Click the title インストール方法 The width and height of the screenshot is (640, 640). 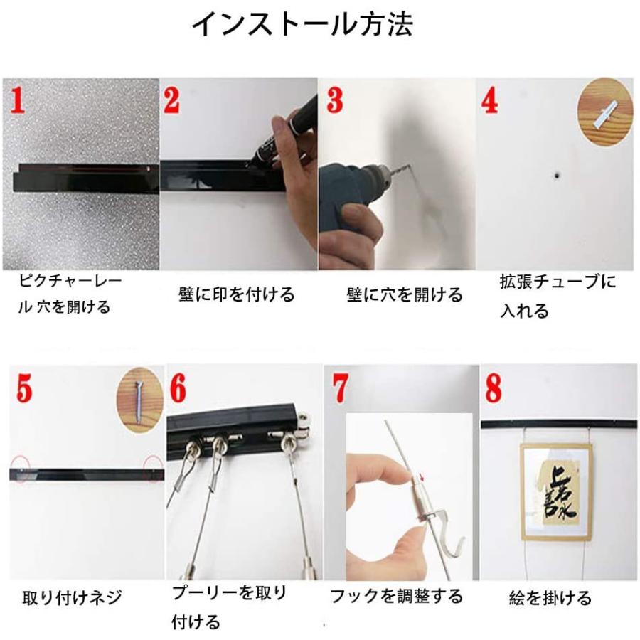pyautogui.click(x=303, y=25)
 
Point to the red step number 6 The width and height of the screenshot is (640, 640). pyautogui.click(x=178, y=388)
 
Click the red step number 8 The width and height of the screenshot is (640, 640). pyautogui.click(x=494, y=388)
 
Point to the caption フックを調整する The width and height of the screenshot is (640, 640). pyautogui.click(x=396, y=596)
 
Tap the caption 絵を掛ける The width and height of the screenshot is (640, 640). pyautogui.click(x=550, y=598)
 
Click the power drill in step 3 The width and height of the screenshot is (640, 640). pyautogui.click(x=348, y=199)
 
